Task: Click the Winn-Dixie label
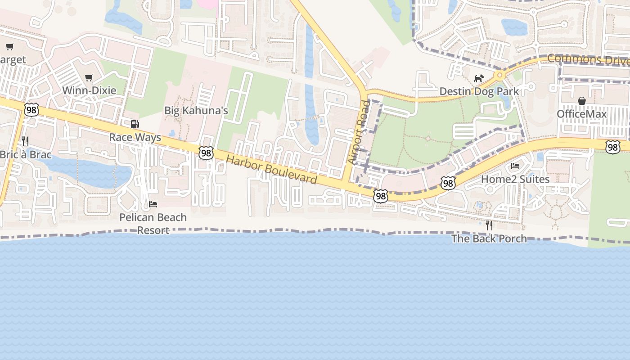[89, 90]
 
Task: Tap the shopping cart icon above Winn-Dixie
[89, 78]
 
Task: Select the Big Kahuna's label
[196, 110]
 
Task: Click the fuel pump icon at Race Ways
[135, 125]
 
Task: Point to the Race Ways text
[135, 137]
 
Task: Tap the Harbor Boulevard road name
[271, 169]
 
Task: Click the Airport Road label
[359, 132]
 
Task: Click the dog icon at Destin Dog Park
[479, 79]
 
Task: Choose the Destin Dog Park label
[479, 91]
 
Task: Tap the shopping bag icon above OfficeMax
[582, 101]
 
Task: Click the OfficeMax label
[582, 114]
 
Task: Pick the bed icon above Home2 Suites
[515, 166]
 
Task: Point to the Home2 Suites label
[515, 179]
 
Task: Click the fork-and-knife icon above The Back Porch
[489, 225]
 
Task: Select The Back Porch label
[489, 238]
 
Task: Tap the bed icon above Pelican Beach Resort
[153, 204]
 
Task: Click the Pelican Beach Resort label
[153, 224]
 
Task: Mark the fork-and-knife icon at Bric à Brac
[25, 141]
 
